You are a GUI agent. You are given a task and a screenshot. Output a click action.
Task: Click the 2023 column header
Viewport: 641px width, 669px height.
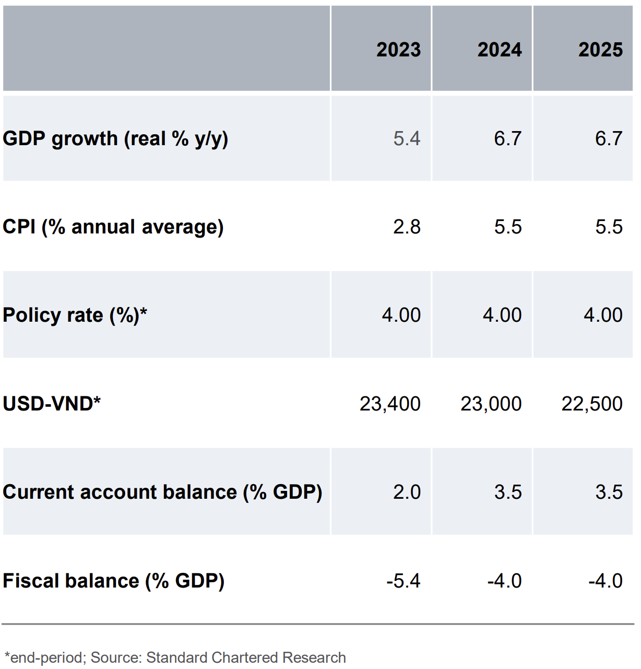398,50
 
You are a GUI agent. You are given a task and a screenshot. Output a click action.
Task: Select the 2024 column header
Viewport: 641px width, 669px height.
500,50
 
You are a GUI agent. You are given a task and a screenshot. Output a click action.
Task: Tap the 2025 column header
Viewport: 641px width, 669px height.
600,50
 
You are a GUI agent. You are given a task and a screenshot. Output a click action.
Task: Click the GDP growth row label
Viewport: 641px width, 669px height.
115,139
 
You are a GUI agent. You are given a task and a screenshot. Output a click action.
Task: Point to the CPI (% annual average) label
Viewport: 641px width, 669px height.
113,227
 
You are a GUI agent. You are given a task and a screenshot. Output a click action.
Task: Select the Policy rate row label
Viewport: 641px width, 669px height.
75,315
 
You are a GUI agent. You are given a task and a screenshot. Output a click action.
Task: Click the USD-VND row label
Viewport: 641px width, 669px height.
52,404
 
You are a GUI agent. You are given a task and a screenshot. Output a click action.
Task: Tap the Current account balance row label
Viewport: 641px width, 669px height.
162,492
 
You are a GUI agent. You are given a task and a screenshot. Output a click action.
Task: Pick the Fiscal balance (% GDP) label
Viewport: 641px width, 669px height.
114,581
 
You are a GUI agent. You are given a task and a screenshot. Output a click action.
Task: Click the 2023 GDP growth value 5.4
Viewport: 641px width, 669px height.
407,139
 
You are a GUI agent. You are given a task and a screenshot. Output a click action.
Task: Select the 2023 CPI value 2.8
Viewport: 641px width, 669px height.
407,227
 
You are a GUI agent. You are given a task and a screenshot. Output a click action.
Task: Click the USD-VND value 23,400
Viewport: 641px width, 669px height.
390,404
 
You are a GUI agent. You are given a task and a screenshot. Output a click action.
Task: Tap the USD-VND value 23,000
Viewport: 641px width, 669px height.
491,404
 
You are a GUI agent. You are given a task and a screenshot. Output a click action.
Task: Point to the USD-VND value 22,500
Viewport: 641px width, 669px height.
592,404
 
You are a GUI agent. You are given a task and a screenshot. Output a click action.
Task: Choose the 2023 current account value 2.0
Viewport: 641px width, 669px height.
407,492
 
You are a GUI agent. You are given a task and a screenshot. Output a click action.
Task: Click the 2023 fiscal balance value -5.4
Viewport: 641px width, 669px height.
403,581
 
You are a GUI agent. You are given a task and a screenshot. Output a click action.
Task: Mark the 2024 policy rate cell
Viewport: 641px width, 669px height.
502,315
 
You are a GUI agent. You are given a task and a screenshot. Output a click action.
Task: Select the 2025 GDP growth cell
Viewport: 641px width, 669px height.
609,139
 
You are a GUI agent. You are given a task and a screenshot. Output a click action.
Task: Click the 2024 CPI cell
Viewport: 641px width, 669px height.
508,227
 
